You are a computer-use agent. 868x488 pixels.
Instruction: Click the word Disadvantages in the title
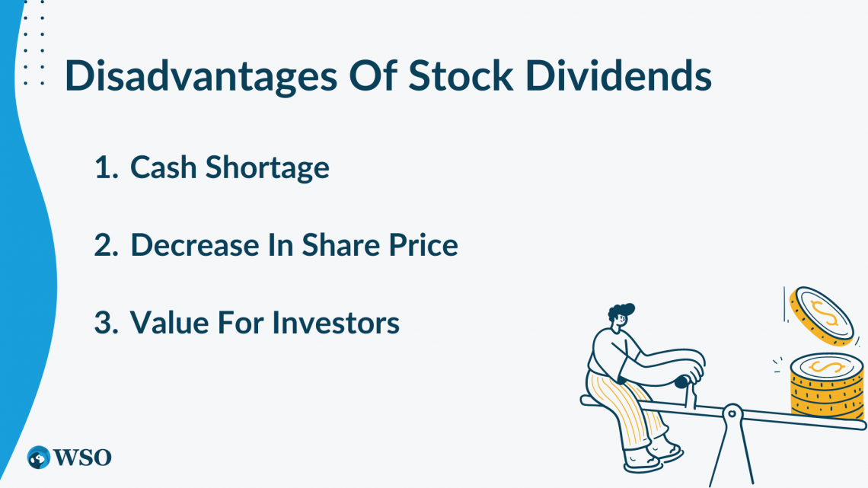click(x=200, y=76)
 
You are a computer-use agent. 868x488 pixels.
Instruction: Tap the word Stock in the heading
click(x=461, y=75)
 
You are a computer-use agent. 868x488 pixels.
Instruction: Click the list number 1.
click(x=107, y=167)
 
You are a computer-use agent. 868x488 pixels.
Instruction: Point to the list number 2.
click(x=107, y=245)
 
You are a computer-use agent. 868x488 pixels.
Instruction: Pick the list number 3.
click(x=107, y=323)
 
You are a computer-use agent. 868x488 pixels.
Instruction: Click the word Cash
click(x=163, y=167)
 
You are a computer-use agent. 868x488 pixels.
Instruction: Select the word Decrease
click(x=195, y=244)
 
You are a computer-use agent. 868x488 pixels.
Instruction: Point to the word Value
click(x=169, y=322)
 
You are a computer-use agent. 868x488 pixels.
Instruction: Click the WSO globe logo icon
click(x=39, y=458)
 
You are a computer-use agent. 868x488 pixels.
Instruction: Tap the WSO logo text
click(x=82, y=458)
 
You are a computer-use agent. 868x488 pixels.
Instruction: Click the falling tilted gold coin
click(x=822, y=315)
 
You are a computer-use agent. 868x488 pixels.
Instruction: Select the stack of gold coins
click(x=827, y=388)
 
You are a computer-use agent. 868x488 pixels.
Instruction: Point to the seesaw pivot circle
click(x=732, y=413)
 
